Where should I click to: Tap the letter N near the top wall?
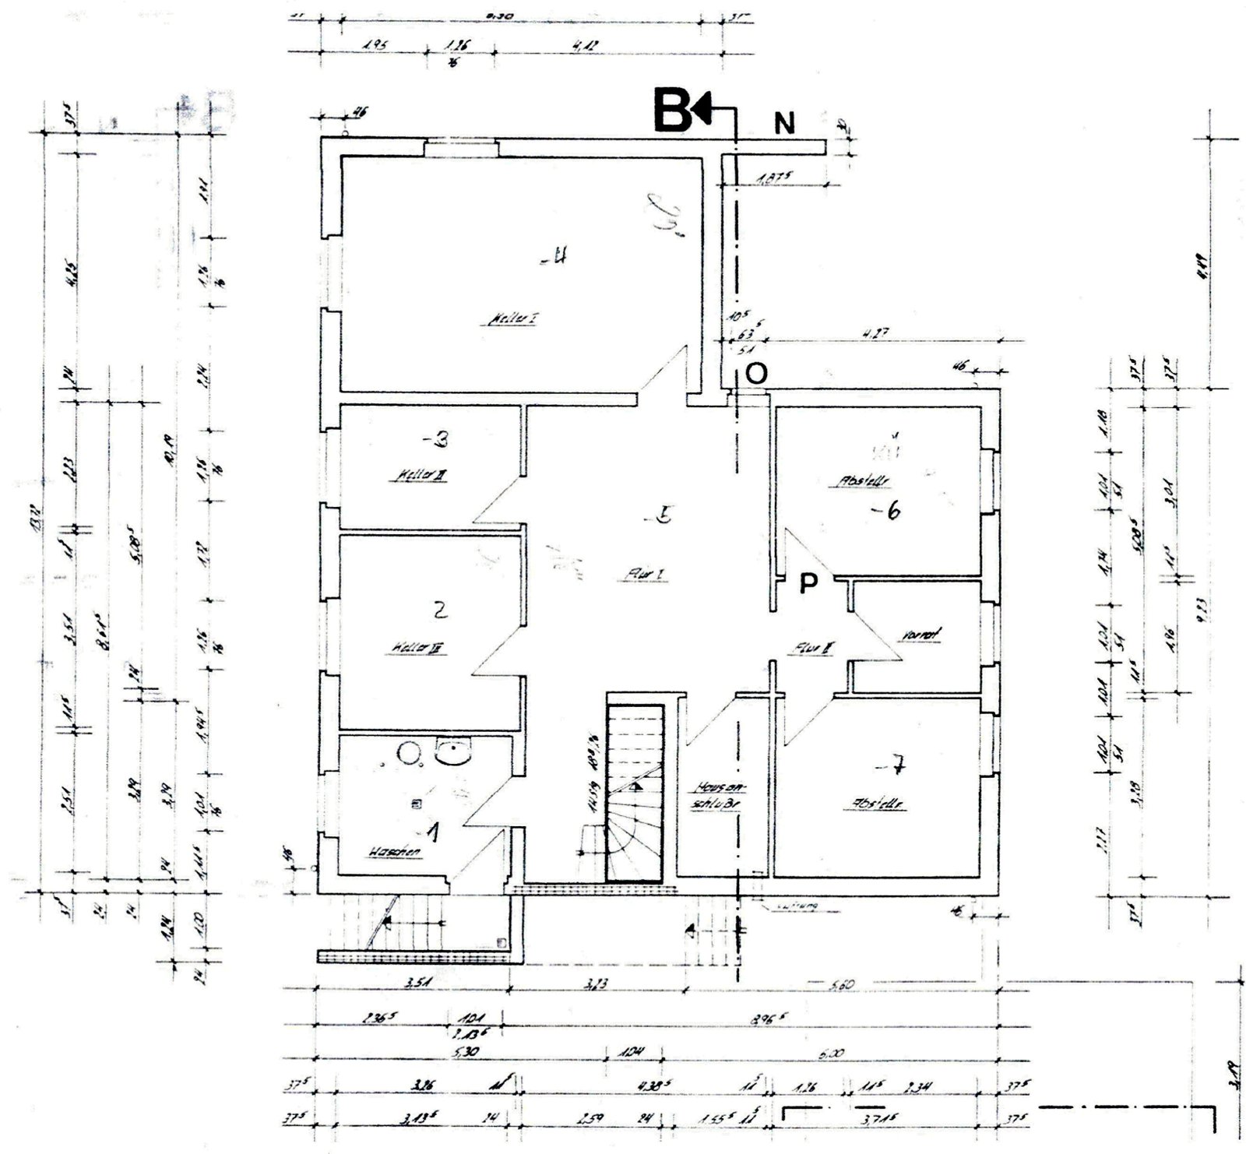(x=783, y=123)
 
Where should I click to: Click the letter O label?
(x=756, y=374)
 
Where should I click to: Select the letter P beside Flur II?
(x=809, y=584)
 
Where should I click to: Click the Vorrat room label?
(x=920, y=635)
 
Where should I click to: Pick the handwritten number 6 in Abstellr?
(x=892, y=512)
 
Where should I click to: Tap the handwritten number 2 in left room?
(x=440, y=611)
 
